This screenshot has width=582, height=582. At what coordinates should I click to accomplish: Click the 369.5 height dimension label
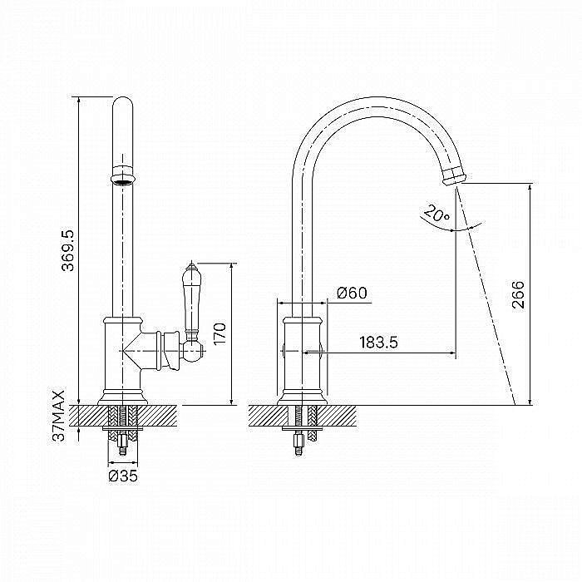coord(68,250)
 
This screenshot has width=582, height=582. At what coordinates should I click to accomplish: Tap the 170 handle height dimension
coord(219,334)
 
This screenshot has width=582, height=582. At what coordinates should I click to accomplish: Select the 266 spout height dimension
coord(518,294)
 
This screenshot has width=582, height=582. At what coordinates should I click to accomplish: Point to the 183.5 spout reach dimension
coord(378,343)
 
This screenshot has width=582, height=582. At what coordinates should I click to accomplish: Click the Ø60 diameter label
coord(352,293)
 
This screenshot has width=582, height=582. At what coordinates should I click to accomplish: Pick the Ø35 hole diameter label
coord(123,476)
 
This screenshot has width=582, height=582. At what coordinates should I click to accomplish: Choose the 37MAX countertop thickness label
coord(59,416)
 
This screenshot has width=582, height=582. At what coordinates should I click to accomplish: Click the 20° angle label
coord(436,213)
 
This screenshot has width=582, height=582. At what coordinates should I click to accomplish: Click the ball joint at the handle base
coord(194,352)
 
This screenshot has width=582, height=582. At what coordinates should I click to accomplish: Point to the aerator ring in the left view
coord(123,174)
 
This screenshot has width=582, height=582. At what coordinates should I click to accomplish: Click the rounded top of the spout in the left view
coord(122,105)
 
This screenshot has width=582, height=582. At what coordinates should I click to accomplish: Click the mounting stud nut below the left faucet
coord(122,441)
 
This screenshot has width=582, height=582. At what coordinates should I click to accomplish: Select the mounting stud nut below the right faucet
coord(299,441)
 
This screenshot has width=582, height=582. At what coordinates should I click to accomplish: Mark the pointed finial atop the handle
coord(192,266)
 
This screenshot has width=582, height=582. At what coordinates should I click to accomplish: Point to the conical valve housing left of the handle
coord(142,351)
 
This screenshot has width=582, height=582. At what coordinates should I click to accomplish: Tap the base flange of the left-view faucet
coord(122,397)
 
